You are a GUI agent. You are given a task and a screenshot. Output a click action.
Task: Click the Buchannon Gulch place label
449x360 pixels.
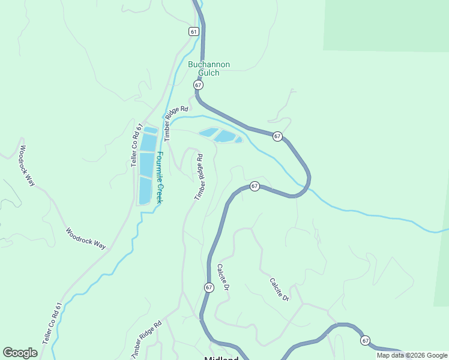[x=209, y=68]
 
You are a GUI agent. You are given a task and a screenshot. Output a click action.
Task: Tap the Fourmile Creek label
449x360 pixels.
[x=160, y=177]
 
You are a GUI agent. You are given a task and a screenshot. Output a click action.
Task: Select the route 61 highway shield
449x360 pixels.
[x=193, y=31]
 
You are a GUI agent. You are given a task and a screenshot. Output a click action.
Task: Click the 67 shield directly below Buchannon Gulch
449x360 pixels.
[x=199, y=86]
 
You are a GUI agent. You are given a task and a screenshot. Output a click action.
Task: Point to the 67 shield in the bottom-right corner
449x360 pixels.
[x=366, y=340]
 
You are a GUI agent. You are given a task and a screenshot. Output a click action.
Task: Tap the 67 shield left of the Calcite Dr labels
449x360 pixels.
[x=209, y=287]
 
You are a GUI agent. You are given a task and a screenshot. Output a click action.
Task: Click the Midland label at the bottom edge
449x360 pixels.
[x=221, y=356]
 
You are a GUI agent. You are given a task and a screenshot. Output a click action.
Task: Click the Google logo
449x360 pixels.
[x=20, y=352]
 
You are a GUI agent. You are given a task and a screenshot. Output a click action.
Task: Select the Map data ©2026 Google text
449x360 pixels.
[x=412, y=355]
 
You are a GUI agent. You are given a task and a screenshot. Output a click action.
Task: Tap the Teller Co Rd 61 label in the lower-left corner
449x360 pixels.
[x=52, y=322]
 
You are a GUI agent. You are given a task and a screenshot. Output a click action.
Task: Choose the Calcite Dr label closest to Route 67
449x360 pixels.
[x=223, y=278]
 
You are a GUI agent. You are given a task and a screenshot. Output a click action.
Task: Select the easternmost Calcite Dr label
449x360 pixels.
[x=279, y=289]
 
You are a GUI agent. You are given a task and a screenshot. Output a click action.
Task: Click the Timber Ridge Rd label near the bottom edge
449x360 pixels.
[x=146, y=340]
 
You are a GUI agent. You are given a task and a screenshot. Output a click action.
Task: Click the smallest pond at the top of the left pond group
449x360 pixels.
[x=150, y=130]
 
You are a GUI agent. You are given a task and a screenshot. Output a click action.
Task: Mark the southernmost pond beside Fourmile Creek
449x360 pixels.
[x=145, y=190]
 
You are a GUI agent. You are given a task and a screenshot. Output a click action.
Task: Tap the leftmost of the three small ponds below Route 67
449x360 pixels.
[x=208, y=133]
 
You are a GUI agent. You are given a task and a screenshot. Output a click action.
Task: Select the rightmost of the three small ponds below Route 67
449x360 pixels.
[x=238, y=140]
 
